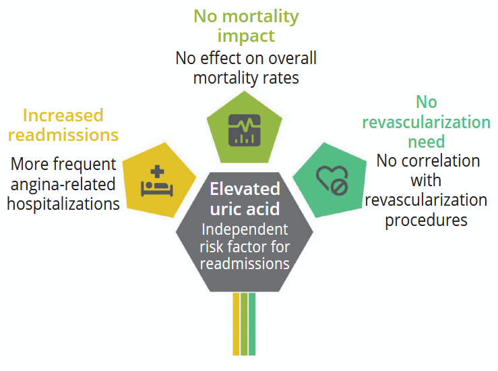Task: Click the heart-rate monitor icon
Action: tap(243, 129)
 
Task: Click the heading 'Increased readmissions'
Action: tap(63, 125)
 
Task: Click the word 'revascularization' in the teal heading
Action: tap(426, 122)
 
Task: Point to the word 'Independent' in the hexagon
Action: tap(245, 229)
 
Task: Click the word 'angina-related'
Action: tap(63, 183)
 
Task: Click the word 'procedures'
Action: tap(426, 221)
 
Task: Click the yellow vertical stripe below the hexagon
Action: tap(236, 324)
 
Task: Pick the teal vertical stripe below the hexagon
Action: tap(252, 324)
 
